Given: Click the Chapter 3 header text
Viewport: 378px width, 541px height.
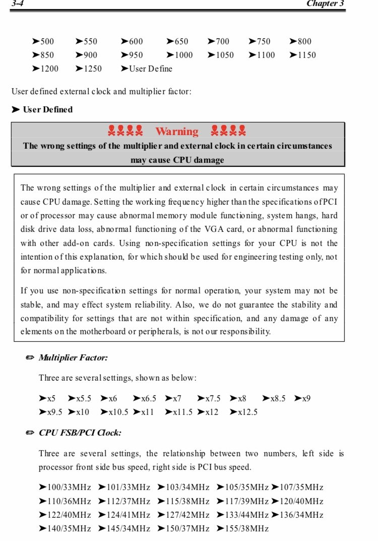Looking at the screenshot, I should (325, 4).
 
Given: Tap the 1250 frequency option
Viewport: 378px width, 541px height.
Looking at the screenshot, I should (89, 69).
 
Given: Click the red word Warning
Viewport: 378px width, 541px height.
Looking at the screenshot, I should (176, 132).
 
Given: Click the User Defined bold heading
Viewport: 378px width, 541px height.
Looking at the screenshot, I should (47, 109).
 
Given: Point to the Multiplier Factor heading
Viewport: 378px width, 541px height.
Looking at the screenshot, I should (73, 357).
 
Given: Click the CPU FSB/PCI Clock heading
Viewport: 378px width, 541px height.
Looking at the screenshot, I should (80, 433).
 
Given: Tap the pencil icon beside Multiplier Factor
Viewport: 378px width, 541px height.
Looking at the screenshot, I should (30, 357).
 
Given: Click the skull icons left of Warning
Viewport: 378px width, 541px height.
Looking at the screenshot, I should (125, 131).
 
